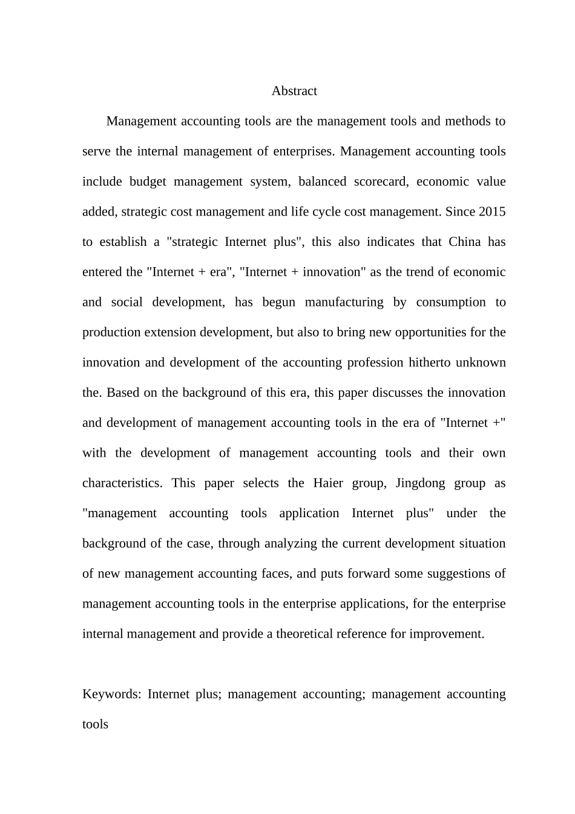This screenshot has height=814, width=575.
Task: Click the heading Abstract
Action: click(294, 91)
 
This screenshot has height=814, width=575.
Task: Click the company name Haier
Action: click(328, 483)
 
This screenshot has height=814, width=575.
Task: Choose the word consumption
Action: click(451, 302)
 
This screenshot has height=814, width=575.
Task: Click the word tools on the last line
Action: click(95, 724)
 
